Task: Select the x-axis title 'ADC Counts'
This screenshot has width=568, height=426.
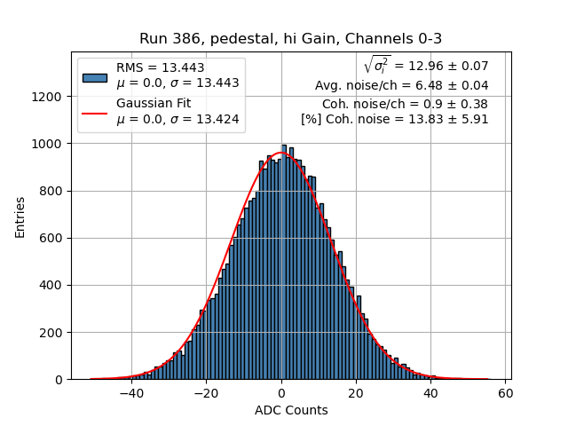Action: point(291,410)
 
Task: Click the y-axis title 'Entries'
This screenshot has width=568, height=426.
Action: point(20,217)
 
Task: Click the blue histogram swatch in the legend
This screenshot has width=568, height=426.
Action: point(95,76)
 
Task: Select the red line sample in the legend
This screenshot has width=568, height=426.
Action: point(95,112)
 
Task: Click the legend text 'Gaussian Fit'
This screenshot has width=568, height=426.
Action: point(153,104)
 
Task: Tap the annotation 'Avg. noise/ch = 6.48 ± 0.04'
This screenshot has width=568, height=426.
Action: point(401,86)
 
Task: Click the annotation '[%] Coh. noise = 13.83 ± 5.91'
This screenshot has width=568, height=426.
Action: point(394,119)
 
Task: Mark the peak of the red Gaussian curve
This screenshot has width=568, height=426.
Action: point(281,153)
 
